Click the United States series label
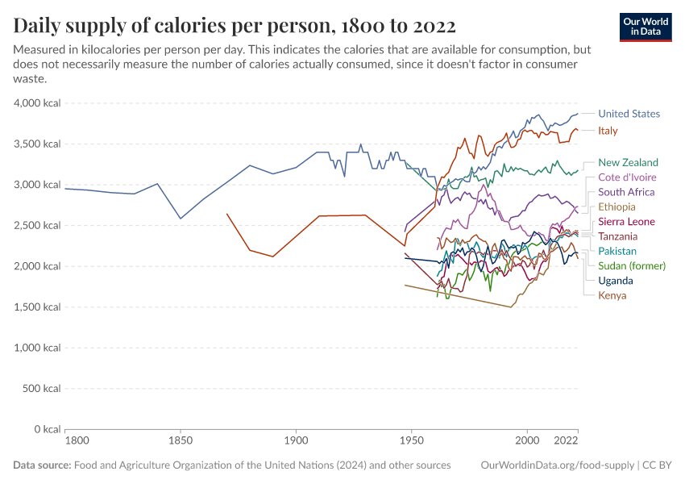[629, 114]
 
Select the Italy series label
[608, 131]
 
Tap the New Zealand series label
[628, 162]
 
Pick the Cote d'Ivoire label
[627, 177]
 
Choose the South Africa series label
[626, 192]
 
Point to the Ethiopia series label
[616, 207]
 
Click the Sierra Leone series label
[626, 222]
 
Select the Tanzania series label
[617, 236]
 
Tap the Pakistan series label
[616, 251]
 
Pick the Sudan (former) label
[632, 265]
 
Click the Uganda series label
[615, 281]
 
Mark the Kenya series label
[612, 295]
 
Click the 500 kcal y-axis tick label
[41, 388]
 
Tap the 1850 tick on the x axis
[181, 441]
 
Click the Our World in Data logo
[646, 27]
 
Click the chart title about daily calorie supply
[235, 25]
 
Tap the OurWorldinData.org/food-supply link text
[555, 465]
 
